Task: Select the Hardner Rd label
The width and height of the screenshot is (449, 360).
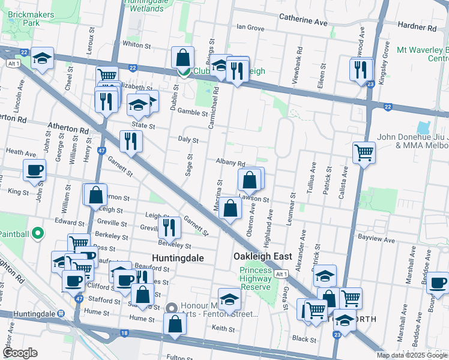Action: coord(415,28)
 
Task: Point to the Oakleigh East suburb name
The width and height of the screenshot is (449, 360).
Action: coord(262,256)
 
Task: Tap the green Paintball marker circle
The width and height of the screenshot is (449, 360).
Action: coord(37,233)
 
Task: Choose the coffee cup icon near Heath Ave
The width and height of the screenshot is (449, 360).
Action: coord(34,170)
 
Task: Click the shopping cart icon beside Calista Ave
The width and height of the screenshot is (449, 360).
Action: coord(364,152)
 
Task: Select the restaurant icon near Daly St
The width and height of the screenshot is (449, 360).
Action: coord(131,142)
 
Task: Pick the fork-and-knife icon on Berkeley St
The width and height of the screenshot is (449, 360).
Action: coord(170,227)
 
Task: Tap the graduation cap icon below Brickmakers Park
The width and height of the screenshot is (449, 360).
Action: coord(43,58)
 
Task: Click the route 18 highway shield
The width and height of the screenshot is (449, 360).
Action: coord(124,332)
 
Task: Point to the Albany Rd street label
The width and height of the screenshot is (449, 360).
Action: coord(231,163)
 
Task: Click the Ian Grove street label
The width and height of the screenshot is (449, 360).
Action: coord(250,28)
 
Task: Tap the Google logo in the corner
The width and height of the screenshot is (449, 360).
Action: coord(20,353)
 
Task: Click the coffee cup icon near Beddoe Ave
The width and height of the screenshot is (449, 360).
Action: coord(438,282)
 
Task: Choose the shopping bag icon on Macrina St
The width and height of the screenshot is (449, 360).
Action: coord(231,208)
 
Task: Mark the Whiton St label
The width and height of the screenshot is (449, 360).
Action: coord(136,44)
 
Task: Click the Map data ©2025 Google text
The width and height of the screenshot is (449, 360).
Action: coord(411,355)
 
